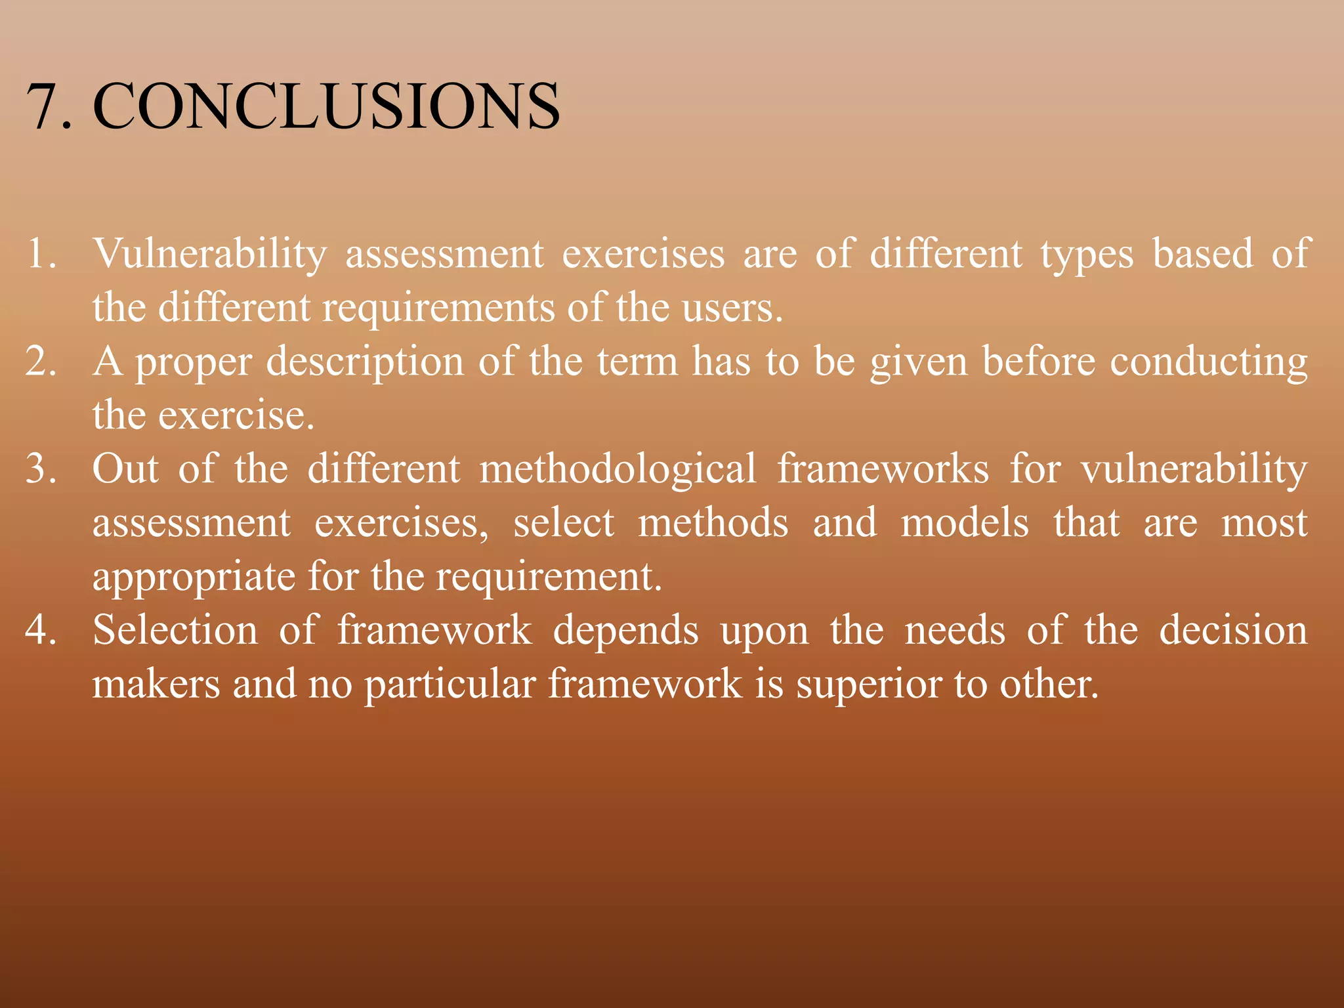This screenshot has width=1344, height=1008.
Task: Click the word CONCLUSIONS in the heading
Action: tap(326, 106)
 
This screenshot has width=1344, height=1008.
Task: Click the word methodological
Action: tap(618, 470)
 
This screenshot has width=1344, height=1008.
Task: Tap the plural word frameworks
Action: tap(883, 469)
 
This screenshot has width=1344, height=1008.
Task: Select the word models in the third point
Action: tap(964, 523)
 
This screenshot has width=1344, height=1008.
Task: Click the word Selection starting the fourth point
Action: tap(175, 630)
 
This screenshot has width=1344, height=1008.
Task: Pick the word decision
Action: tap(1233, 630)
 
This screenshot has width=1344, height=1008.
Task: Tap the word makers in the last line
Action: tap(156, 684)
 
